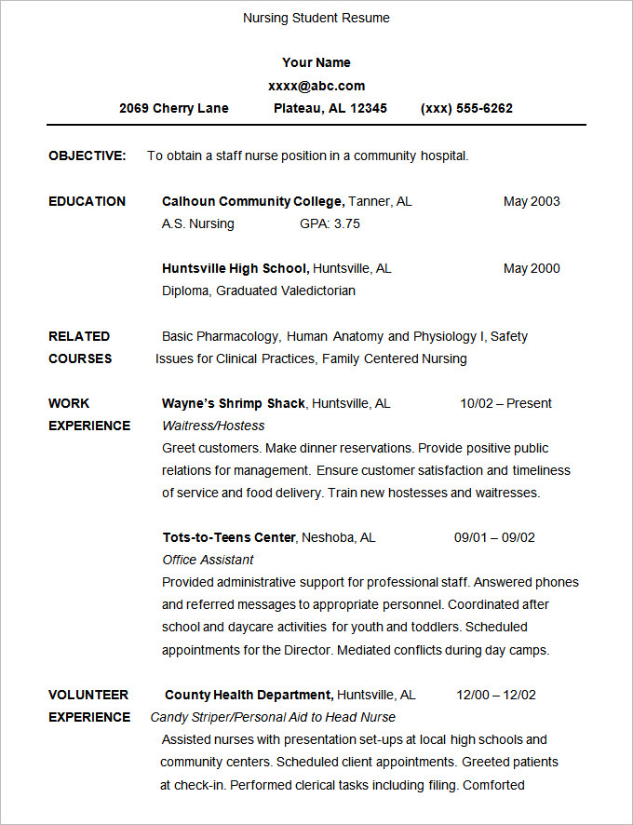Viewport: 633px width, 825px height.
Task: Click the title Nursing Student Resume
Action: [316, 18]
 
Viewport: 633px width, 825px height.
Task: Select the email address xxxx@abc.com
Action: [316, 86]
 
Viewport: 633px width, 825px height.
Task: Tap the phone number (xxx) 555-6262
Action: [466, 108]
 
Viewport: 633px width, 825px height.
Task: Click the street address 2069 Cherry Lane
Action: [174, 108]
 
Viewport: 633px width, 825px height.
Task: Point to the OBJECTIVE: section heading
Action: [88, 156]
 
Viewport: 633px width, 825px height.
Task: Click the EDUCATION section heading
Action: [87, 201]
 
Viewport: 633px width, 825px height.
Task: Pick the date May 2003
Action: [532, 201]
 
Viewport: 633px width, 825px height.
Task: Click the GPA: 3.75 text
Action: [330, 223]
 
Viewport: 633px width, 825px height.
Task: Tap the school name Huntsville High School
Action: [235, 268]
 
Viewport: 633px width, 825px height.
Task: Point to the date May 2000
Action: [532, 268]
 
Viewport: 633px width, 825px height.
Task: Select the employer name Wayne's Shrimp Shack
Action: [234, 403]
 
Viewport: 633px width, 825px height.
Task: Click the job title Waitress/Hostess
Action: [213, 426]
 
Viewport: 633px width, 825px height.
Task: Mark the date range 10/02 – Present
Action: [505, 403]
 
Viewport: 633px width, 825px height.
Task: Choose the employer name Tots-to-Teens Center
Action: [229, 537]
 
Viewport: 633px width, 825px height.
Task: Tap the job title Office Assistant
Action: [208, 560]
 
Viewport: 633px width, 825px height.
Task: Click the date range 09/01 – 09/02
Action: [494, 537]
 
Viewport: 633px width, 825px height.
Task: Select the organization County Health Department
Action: [249, 695]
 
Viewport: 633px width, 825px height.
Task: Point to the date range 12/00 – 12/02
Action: [496, 695]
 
